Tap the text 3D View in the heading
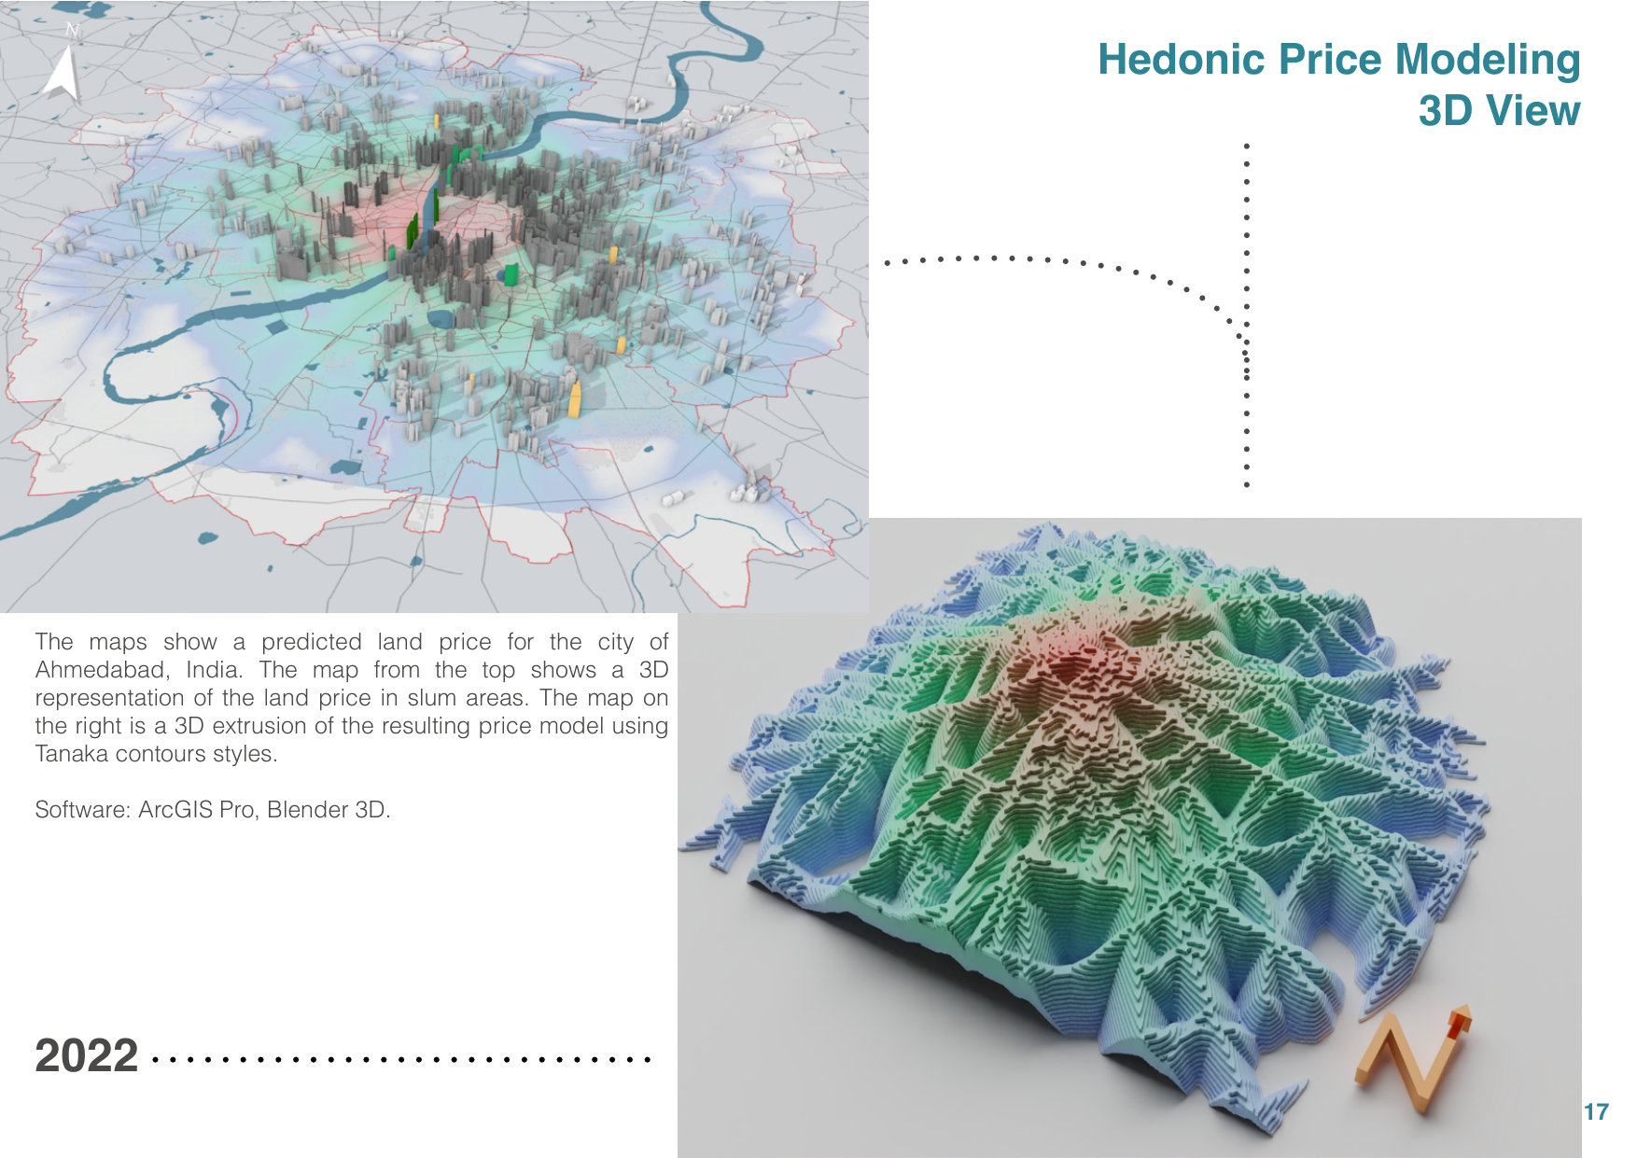(1499, 110)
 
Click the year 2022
(87, 1056)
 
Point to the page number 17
(1596, 1111)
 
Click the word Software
(82, 810)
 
